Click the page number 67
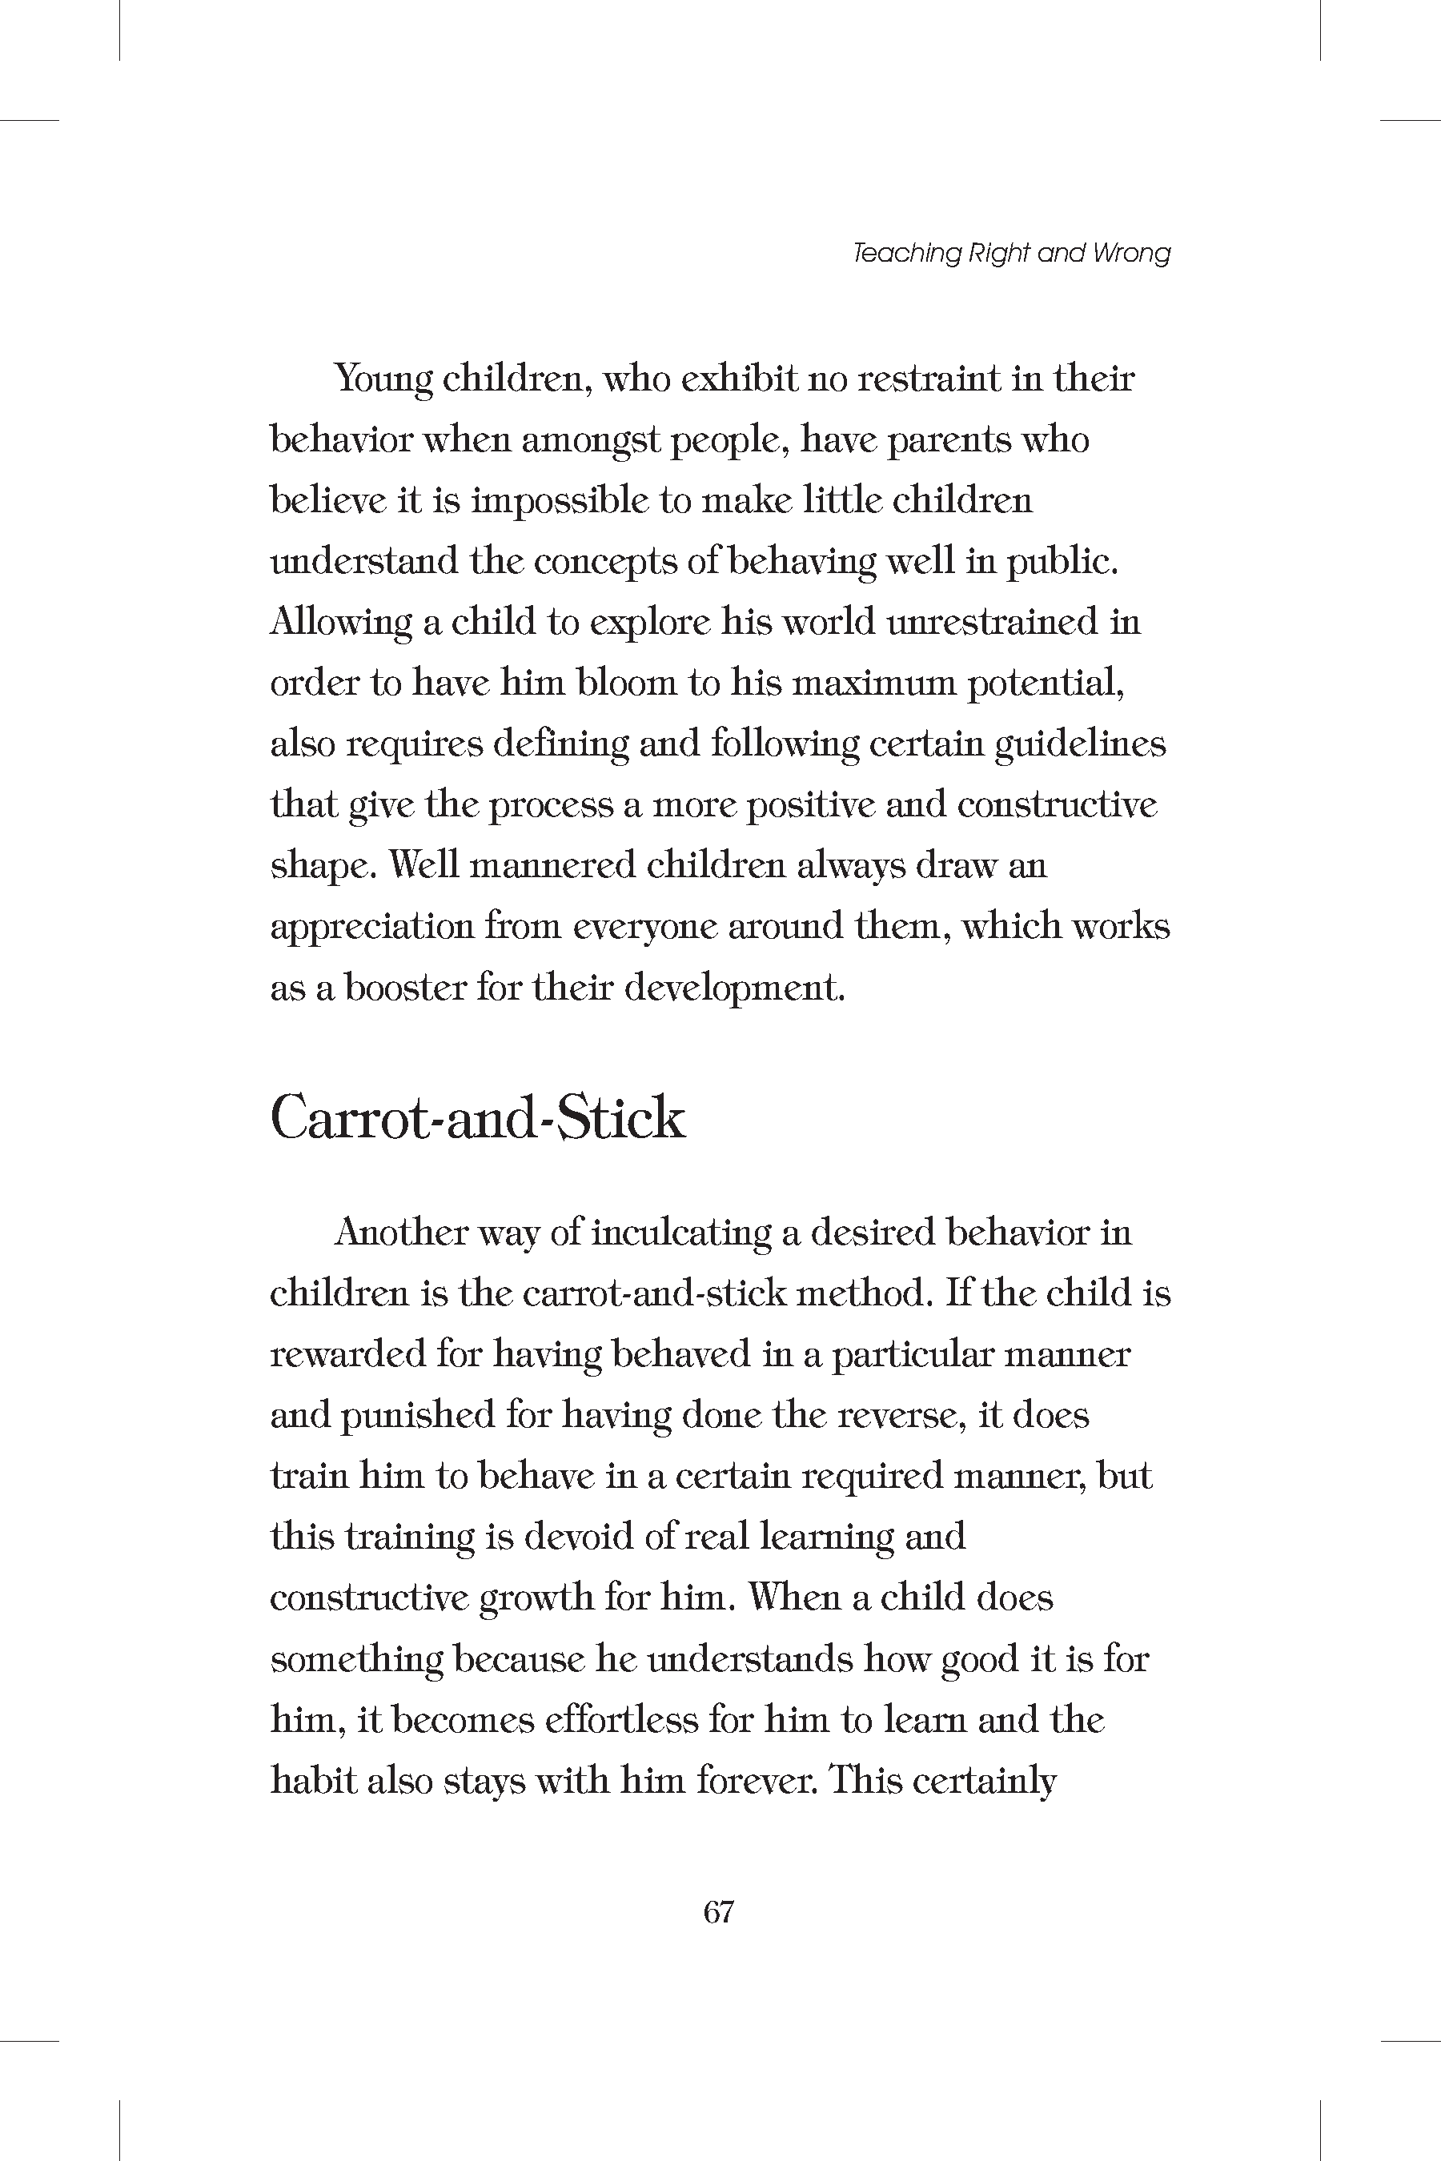point(719,1911)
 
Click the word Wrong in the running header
point(1131,253)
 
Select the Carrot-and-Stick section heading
point(478,1118)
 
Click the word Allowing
point(340,623)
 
